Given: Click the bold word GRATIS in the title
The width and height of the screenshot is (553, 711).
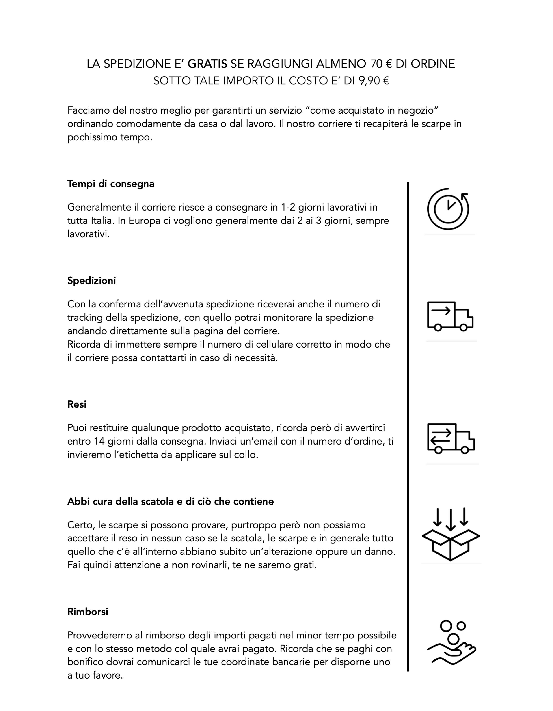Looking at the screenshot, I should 207,64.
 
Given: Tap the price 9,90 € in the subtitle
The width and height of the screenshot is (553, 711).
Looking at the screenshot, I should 374,81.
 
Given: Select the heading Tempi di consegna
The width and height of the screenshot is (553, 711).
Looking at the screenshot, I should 111,184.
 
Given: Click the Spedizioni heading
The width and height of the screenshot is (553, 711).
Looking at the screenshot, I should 91,281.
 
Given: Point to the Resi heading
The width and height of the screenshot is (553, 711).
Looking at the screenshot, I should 77,404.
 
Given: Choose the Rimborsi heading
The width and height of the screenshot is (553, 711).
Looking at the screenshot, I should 88,612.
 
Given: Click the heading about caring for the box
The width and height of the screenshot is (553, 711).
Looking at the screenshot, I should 170,501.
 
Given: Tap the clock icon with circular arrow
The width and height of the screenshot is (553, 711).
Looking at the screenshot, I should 448,209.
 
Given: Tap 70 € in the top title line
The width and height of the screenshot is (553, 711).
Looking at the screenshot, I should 381,64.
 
